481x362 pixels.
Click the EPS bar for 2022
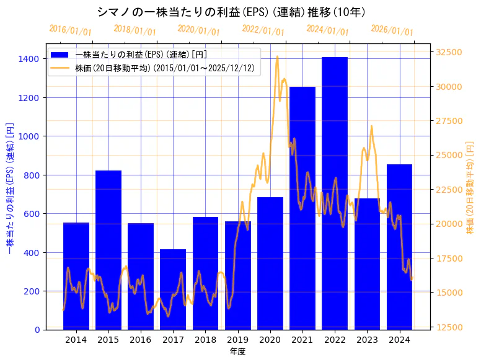pyautogui.click(x=335, y=193)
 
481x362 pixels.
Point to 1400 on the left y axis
pyautogui.click(x=29, y=59)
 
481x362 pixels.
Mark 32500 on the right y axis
pyautogui.click(x=449, y=52)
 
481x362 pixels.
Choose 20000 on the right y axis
pyautogui.click(x=449, y=224)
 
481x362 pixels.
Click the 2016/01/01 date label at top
pyautogui.click(x=70, y=31)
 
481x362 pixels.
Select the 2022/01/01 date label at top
pyautogui.click(x=263, y=31)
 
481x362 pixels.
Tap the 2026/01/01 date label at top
pyautogui.click(x=392, y=31)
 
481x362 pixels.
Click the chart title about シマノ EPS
pyautogui.click(x=231, y=12)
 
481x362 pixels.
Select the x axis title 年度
pyautogui.click(x=238, y=351)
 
